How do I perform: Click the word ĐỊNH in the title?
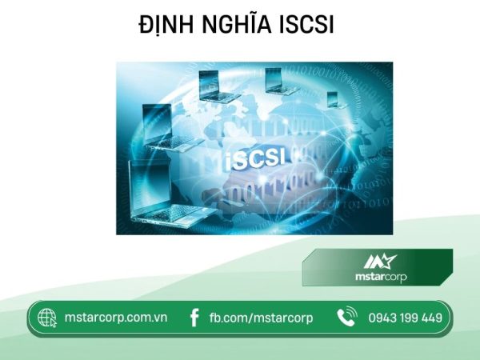165,26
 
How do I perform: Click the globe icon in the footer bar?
46,318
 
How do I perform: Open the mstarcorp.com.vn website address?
116,318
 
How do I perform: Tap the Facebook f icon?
193,318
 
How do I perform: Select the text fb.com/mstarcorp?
261,318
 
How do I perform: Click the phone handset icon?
346,318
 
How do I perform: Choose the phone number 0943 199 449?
405,318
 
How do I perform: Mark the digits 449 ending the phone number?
430,318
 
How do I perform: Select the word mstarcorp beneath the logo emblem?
380,278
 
